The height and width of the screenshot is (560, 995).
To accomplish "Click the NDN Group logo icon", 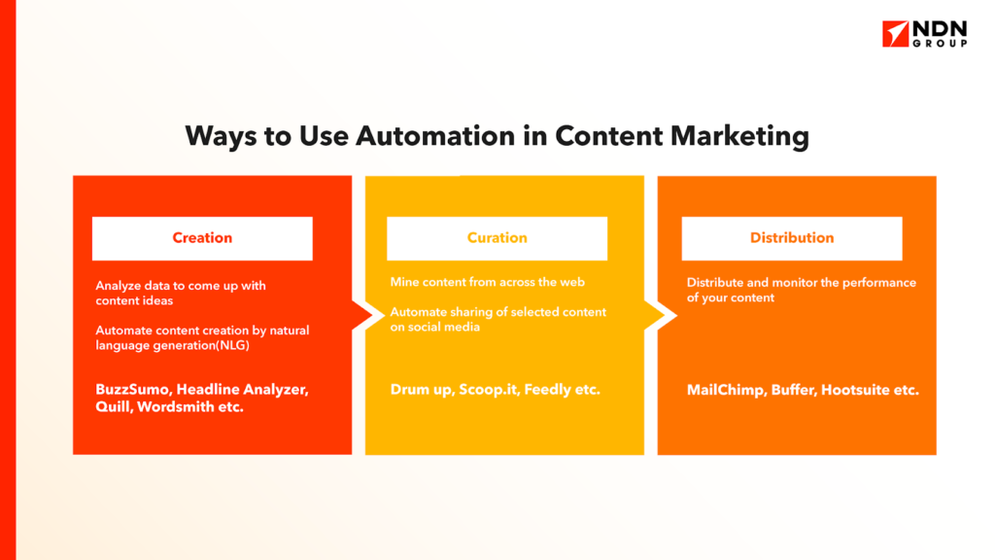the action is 895,34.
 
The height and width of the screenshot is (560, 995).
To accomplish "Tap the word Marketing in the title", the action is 739,137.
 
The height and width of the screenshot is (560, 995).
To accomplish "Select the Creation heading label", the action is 202,238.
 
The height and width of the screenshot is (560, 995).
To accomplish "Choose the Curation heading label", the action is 497,238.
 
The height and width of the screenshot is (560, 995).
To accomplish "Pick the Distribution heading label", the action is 792,238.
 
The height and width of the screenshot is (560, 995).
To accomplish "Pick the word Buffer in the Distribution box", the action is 794,391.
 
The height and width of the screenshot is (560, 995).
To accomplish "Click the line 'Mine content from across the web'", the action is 488,282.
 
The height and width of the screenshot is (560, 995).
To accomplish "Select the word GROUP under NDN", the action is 940,43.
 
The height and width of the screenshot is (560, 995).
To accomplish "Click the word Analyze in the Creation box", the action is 118,286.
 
